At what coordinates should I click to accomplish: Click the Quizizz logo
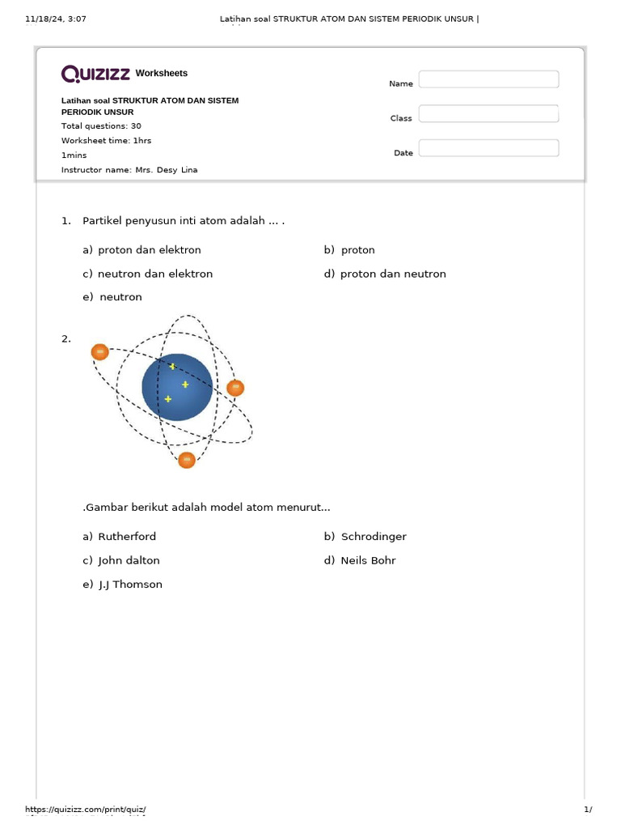(96, 74)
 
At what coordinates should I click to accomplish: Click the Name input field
(488, 79)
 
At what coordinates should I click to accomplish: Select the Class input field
(488, 113)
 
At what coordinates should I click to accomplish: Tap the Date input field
(488, 148)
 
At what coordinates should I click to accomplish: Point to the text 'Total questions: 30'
(101, 126)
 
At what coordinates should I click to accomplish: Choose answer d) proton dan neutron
(385, 274)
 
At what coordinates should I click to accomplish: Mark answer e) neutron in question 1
(112, 297)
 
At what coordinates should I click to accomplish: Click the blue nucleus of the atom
(177, 387)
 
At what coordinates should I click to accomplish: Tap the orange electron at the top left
(99, 351)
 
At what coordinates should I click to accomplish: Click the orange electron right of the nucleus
(235, 388)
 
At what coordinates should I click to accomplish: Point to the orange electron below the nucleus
(187, 460)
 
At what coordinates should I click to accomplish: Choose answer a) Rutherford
(120, 537)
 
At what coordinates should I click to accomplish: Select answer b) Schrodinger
(365, 537)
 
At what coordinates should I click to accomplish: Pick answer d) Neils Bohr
(360, 560)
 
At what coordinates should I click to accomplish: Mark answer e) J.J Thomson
(122, 585)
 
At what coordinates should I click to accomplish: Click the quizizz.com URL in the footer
(86, 810)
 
